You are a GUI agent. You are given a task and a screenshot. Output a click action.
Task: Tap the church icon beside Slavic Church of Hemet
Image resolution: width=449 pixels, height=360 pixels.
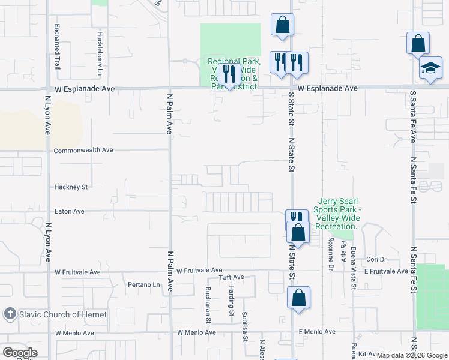click(9, 314)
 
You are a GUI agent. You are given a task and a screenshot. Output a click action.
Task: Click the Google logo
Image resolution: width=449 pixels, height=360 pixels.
click(20, 353)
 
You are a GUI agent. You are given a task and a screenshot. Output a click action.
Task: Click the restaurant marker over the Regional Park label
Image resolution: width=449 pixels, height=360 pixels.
click(228, 74)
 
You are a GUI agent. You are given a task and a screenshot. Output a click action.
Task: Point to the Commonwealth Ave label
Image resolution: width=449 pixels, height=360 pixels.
click(83, 150)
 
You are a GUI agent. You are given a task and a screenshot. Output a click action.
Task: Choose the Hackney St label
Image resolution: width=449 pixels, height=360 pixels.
click(71, 187)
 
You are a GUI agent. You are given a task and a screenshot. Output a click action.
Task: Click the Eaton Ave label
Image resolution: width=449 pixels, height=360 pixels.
click(69, 211)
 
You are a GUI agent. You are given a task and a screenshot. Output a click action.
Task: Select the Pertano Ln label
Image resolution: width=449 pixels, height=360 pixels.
click(145, 284)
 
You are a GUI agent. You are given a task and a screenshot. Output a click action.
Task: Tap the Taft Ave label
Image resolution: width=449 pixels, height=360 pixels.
click(232, 277)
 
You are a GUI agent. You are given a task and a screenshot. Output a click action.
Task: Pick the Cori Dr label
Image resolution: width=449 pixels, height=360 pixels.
click(376, 260)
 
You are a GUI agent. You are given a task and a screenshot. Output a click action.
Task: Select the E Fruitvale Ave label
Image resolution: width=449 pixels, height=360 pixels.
click(386, 271)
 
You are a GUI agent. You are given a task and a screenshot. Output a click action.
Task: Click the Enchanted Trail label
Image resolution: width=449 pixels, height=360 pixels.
click(56, 41)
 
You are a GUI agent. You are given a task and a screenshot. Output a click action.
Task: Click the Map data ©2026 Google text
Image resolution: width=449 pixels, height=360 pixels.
click(412, 355)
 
